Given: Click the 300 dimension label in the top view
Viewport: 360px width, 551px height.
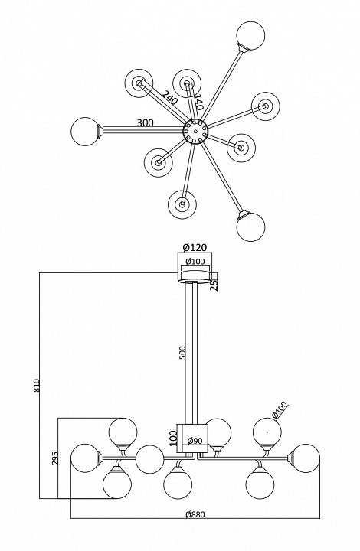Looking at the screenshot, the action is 145,122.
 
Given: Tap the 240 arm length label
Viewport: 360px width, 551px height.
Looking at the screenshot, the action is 169,98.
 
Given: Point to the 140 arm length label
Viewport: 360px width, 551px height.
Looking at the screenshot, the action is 198,102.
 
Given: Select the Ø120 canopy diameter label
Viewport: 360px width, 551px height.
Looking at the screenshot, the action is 195,247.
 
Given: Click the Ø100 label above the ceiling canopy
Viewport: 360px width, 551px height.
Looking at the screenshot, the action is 195,262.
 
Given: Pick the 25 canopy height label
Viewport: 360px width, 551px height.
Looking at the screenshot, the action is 214,284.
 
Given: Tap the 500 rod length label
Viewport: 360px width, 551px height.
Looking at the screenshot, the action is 183,353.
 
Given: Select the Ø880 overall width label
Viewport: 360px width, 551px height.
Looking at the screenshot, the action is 195,514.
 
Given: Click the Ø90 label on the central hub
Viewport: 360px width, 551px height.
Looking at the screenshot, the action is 195,441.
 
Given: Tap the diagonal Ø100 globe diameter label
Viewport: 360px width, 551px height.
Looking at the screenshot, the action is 280,410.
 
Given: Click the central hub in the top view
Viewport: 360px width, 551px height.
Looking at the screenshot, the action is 195,131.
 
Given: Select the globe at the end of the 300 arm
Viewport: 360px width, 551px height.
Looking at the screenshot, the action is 85,131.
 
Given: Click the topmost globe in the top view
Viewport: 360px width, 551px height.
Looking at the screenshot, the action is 250,35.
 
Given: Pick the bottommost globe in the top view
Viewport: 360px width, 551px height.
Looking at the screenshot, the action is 250,227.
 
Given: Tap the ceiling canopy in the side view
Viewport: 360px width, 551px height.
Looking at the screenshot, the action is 195,275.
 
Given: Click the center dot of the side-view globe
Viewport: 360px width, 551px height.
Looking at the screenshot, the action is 267,432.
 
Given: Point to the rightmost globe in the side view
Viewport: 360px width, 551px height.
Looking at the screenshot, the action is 306,458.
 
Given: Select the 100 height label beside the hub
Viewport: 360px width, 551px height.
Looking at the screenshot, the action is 174,439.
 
